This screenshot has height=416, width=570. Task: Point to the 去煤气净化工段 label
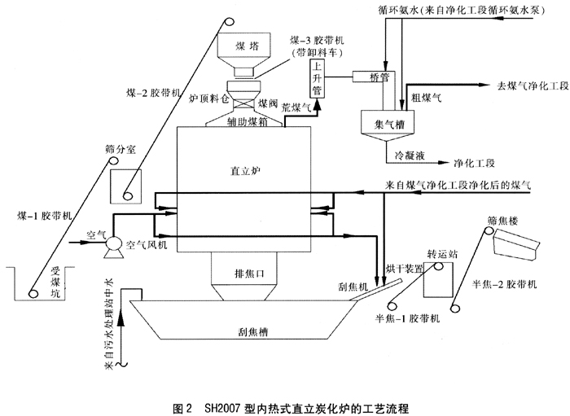(528, 85)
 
